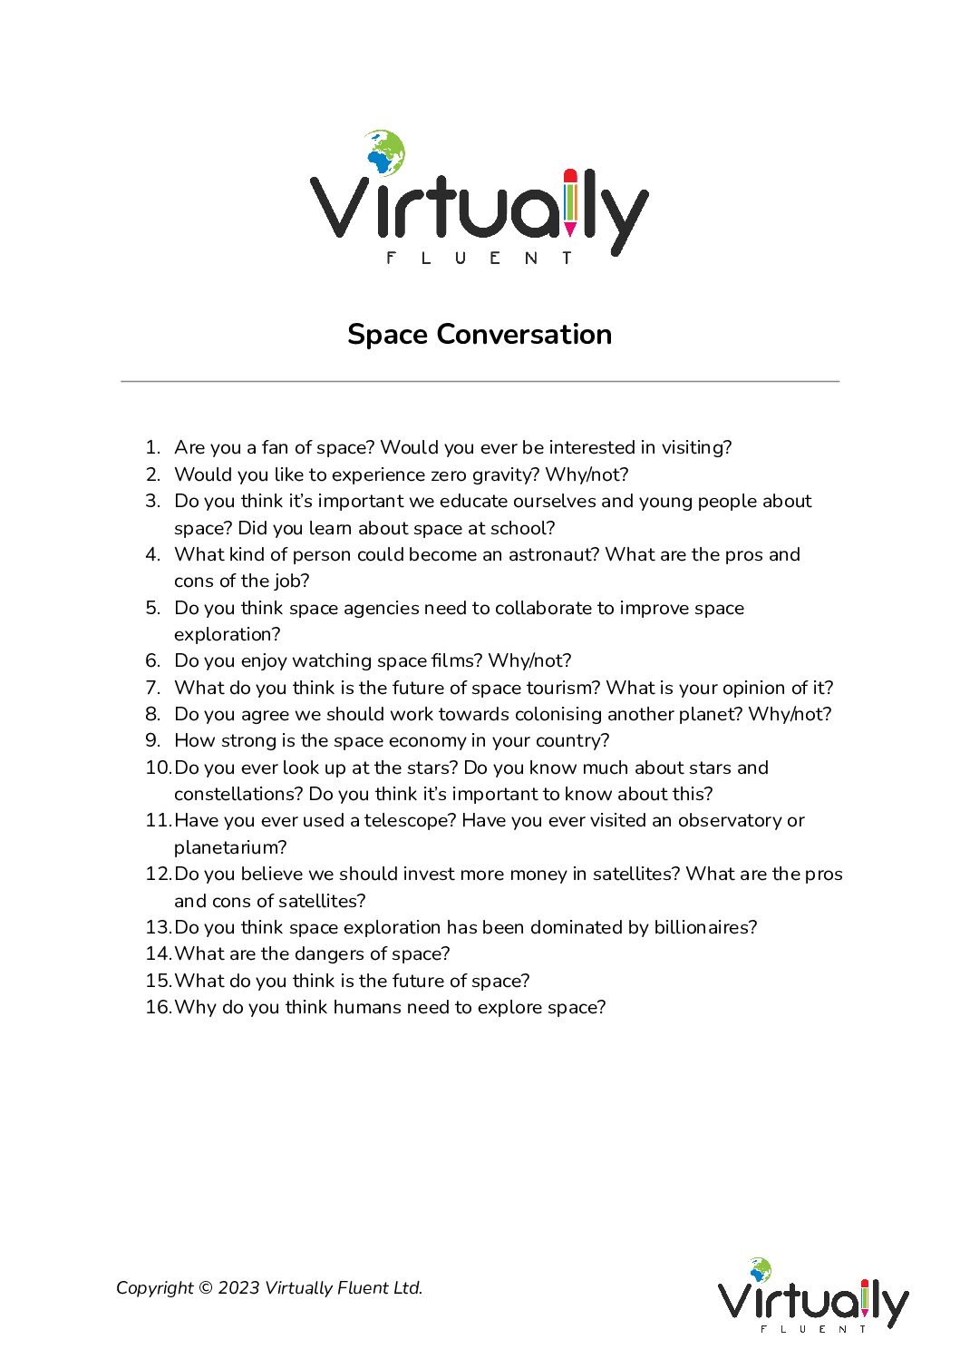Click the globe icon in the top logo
coord(384,152)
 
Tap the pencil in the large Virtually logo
coord(570,200)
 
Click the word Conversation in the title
coord(524,334)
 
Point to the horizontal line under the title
coord(480,382)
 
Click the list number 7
coord(152,688)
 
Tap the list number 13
coord(158,927)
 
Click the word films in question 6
coord(454,660)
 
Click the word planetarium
coord(230,847)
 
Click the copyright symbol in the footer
coord(205,1288)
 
